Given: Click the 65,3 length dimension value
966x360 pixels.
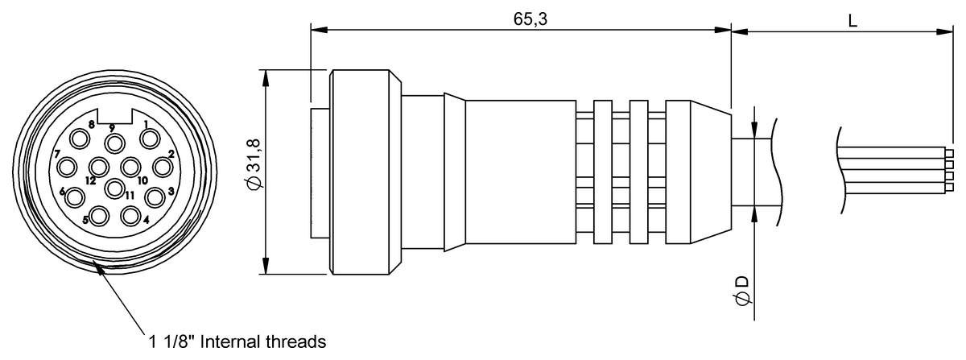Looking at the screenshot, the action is (x=530, y=19).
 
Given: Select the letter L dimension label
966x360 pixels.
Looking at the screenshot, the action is (x=852, y=20).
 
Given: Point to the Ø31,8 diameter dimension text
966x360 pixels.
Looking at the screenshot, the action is (x=254, y=164).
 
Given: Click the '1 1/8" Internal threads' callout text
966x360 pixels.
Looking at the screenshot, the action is (x=237, y=341).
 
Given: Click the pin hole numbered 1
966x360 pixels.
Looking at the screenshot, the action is (x=150, y=139).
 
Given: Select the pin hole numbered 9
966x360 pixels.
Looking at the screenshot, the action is (x=115, y=143).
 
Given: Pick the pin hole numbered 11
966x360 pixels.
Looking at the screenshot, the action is (x=114, y=188).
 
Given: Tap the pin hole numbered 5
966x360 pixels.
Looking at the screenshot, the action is (x=99, y=216).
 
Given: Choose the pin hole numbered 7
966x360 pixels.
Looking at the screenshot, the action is (x=68, y=167).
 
